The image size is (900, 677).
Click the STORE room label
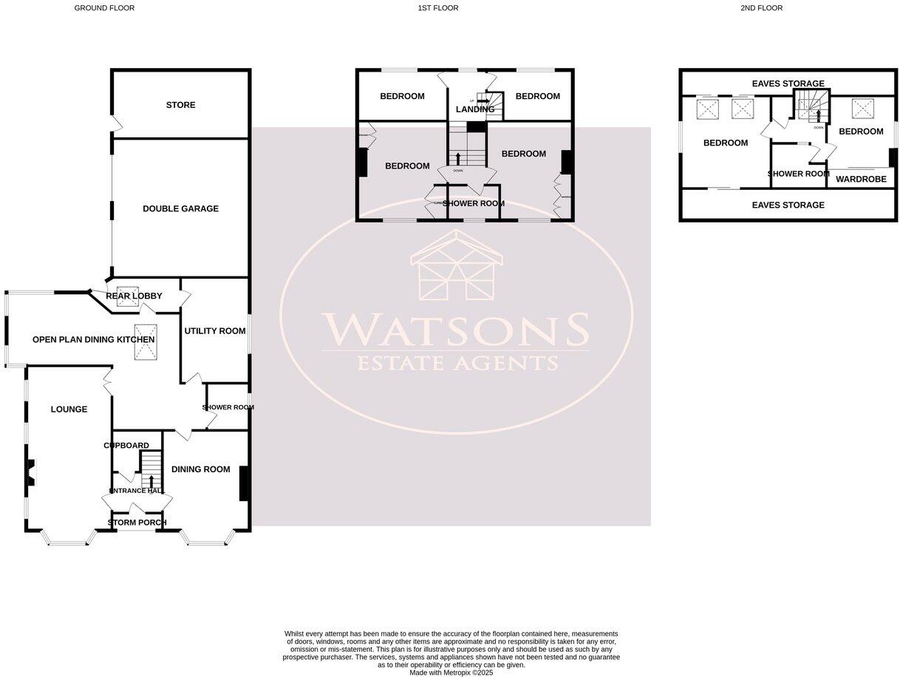click(x=180, y=105)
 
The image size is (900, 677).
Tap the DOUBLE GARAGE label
click(x=180, y=208)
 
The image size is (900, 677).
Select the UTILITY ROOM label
click(x=214, y=330)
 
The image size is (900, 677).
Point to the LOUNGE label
click(x=69, y=409)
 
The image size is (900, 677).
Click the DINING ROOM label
click(x=200, y=469)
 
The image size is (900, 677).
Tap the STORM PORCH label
click(x=137, y=523)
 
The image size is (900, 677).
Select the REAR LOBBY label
click(x=134, y=296)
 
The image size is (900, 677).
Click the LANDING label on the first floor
click(x=474, y=109)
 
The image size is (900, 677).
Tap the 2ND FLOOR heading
click(x=761, y=8)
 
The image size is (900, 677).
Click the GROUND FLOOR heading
click(x=104, y=8)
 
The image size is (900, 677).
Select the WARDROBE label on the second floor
click(x=861, y=179)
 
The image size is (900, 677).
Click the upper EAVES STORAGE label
click(x=788, y=84)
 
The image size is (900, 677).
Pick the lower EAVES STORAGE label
click(x=788, y=205)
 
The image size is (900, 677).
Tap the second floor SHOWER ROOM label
click(x=798, y=174)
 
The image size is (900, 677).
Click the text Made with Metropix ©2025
click(x=451, y=673)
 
